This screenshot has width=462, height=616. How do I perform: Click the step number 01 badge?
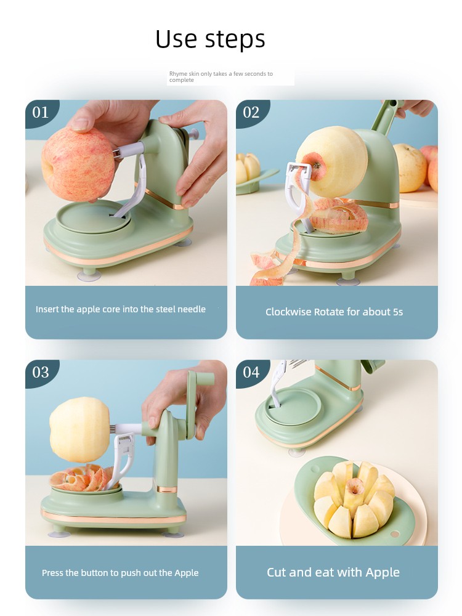tap(41, 113)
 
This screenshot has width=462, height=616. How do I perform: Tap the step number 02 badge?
tap(251, 113)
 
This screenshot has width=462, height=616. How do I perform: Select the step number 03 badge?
tap(41, 373)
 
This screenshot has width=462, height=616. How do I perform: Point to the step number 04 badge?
tap(251, 373)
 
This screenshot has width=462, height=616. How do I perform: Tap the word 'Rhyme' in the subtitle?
tap(178, 74)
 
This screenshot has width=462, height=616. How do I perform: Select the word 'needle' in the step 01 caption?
tap(192, 309)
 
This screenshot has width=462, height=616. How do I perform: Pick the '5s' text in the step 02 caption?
tap(397, 312)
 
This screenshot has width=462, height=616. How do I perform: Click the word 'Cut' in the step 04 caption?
tap(276, 572)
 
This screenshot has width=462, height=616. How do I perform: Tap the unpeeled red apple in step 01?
tap(78, 164)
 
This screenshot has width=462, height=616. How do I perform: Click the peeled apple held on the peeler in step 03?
tap(80, 429)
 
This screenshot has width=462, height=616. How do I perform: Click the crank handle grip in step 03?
tap(205, 379)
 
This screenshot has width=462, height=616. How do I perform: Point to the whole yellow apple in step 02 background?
tap(410, 168)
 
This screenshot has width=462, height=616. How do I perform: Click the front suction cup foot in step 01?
tap(89, 275)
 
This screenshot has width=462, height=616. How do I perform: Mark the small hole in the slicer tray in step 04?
tap(395, 534)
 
